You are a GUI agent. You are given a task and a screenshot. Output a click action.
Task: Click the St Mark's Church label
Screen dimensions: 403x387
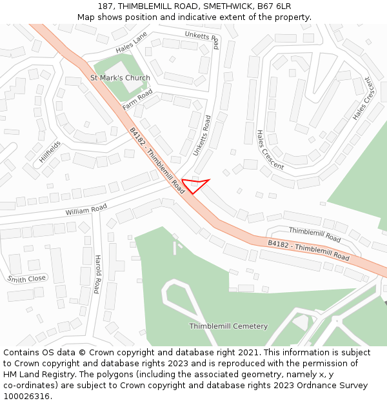(x=120, y=78)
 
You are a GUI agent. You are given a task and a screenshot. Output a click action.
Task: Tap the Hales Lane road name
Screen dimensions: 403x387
(x=132, y=42)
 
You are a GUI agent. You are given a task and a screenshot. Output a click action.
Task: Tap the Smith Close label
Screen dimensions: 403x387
(x=26, y=279)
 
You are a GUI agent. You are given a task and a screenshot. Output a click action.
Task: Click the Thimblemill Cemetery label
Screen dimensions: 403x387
(x=228, y=326)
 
